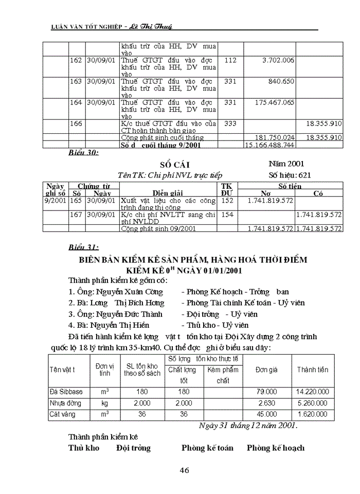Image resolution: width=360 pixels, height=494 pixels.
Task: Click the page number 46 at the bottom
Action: point(185,470)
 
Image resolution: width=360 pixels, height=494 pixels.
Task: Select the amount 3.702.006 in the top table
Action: point(278,60)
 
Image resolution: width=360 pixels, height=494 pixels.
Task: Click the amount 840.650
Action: point(281,81)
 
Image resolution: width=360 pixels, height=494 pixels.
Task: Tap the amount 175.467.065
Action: point(275,102)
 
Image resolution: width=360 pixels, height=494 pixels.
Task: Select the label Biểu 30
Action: point(84,153)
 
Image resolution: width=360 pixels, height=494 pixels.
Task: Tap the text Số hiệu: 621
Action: point(290,175)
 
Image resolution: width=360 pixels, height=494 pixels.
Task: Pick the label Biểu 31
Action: point(84,246)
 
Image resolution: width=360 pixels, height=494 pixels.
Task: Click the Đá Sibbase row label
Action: point(65,392)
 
